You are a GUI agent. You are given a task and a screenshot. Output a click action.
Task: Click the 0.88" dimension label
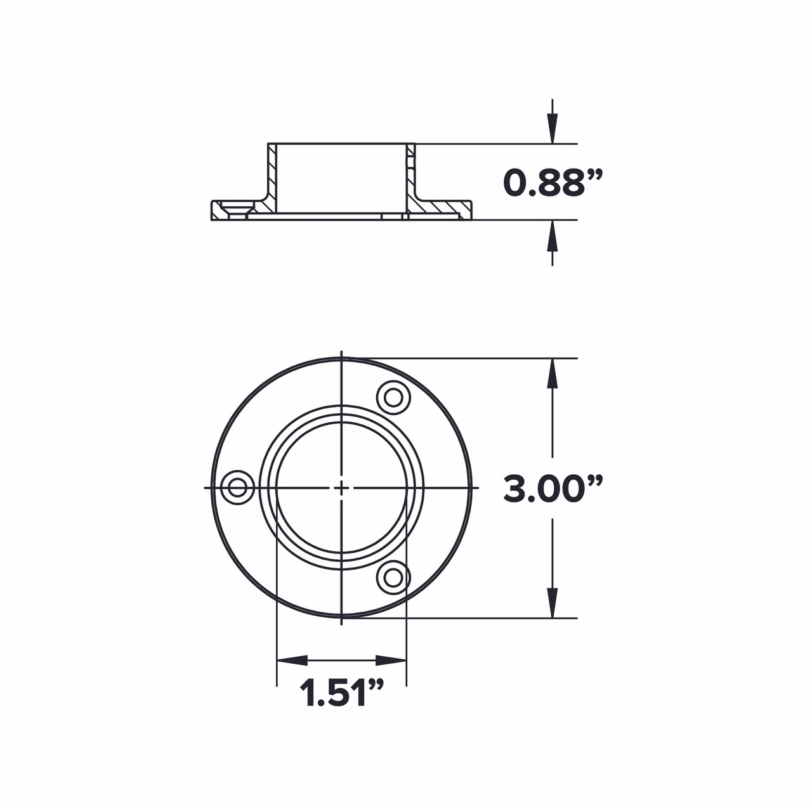552,183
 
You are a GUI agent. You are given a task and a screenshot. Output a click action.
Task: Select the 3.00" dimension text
552,489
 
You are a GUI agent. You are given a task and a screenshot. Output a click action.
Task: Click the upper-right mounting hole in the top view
393,398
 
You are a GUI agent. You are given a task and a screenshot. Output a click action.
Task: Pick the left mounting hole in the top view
237,487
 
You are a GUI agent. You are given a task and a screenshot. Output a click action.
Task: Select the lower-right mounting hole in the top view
393,577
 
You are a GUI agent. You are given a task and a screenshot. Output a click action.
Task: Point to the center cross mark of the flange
341,487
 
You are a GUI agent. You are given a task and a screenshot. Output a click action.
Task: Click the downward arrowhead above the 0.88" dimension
553,130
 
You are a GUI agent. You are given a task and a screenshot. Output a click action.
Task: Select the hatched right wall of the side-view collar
410,178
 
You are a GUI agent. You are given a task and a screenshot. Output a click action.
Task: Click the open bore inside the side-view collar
341,178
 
